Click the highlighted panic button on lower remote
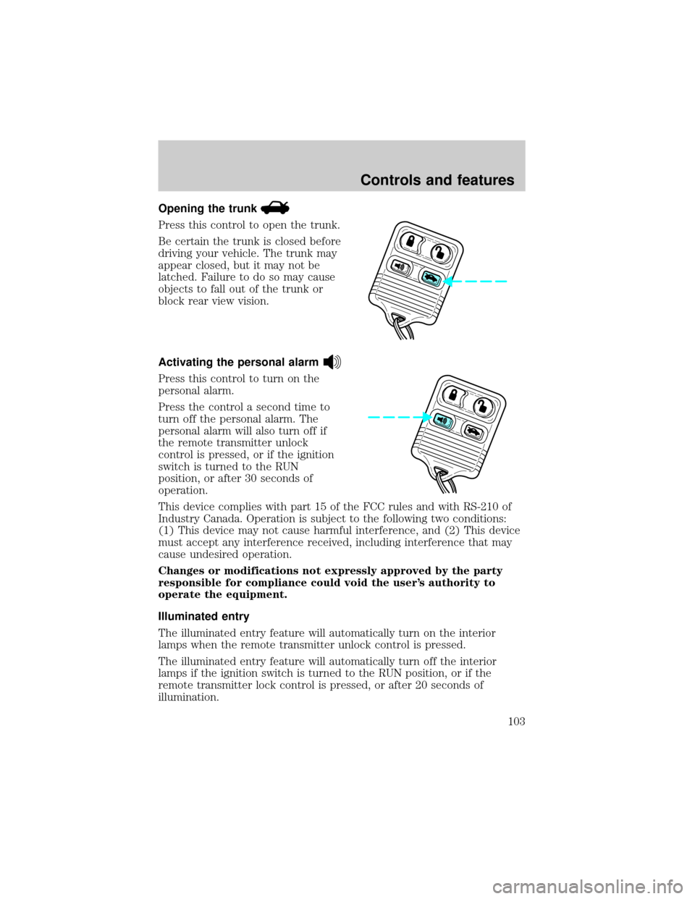tap(443, 421)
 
